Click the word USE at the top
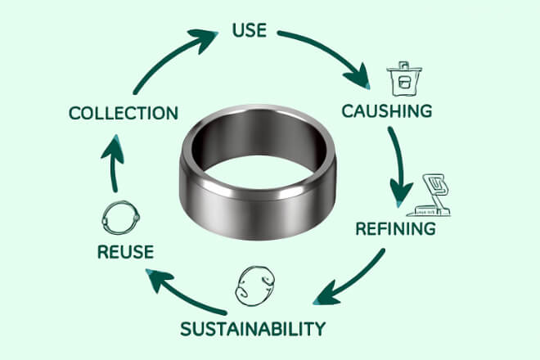pos(250,31)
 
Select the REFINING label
pos(395,227)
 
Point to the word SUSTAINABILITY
pos(252,329)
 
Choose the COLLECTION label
pos(123,112)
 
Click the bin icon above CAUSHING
pos(402,76)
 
